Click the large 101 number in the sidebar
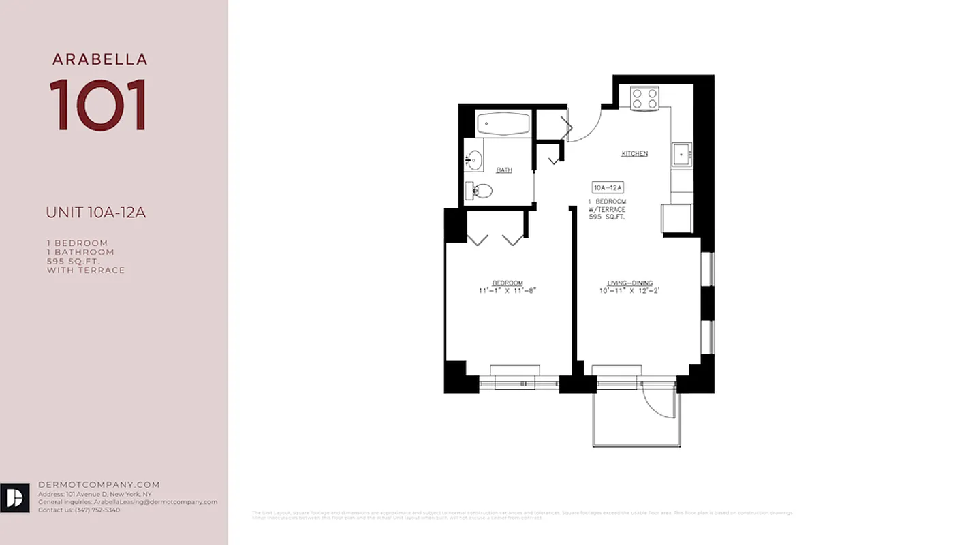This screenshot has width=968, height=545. (x=99, y=105)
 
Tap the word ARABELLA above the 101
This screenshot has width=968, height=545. (x=99, y=59)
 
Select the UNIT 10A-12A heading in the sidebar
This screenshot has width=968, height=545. (x=95, y=213)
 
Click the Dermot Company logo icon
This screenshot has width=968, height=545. (x=14, y=498)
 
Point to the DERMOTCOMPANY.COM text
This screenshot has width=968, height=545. (x=99, y=485)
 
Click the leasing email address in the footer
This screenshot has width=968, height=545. (x=155, y=502)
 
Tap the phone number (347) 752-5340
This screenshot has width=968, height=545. (x=97, y=510)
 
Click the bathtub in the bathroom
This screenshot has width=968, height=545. (x=503, y=125)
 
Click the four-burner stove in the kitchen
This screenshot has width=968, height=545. (x=644, y=99)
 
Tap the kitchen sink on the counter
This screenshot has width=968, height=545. (x=681, y=154)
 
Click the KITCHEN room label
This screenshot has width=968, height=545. (x=634, y=154)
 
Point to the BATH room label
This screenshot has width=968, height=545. (x=504, y=170)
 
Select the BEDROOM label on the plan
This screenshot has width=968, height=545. (x=508, y=283)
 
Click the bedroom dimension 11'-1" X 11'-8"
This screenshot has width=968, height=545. (x=508, y=291)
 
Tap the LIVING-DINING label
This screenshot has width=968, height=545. (x=630, y=283)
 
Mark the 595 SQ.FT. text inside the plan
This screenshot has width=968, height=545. (x=607, y=217)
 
